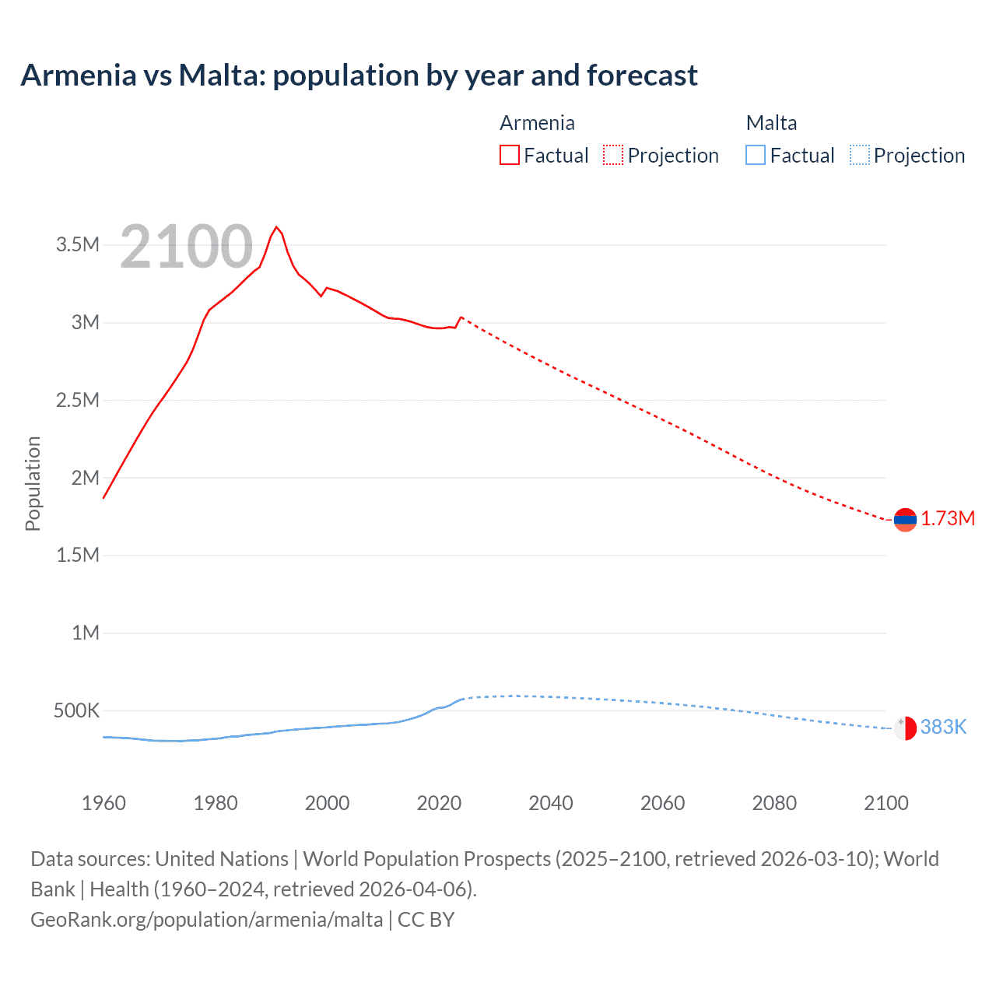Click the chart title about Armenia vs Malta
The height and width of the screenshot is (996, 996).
click(359, 75)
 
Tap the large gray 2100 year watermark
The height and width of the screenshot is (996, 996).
click(187, 247)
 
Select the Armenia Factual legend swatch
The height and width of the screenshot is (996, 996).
click(509, 156)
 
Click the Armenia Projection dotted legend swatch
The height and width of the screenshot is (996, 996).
click(613, 156)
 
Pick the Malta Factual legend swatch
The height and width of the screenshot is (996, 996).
click(755, 156)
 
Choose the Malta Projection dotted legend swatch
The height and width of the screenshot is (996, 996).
click(859, 156)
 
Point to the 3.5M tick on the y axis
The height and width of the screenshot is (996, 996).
click(78, 245)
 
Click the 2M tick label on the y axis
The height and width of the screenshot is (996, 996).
click(85, 478)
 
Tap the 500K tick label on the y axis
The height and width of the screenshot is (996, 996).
click(76, 710)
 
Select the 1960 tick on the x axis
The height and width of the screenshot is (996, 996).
click(103, 803)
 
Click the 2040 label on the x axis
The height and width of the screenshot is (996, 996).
click(551, 803)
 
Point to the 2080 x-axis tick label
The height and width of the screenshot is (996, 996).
click(774, 803)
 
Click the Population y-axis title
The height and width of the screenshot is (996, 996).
click(33, 483)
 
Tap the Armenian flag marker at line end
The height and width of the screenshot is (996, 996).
click(905, 519)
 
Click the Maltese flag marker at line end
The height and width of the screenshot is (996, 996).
click(905, 728)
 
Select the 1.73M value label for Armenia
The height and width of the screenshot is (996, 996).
click(948, 519)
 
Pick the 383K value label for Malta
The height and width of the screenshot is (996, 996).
click(943, 728)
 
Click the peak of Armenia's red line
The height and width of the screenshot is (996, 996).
click(276, 227)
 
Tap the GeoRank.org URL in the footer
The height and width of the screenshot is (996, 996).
click(207, 920)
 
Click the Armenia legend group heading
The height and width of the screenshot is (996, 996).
click(537, 123)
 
